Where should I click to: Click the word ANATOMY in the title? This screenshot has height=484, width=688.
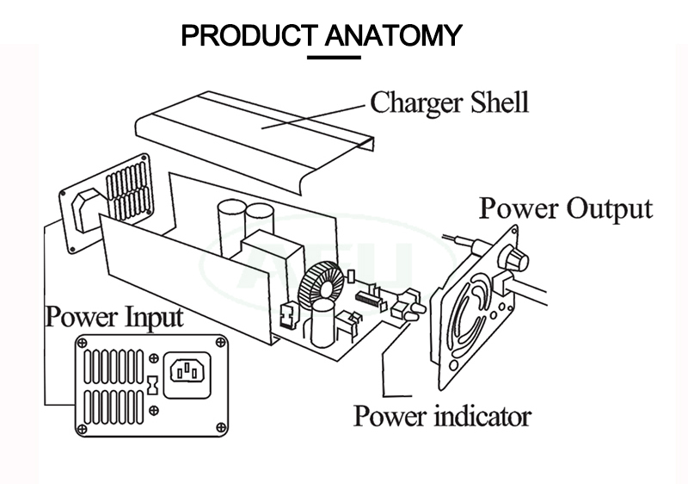pos(396,36)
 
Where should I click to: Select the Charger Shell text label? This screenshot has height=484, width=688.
pos(449,103)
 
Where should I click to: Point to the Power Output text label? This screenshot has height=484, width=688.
pos(565,208)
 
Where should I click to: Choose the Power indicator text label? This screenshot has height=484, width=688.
pos(442,417)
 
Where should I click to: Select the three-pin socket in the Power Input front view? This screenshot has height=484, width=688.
pos(189,371)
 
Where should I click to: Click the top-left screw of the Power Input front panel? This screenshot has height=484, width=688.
pos(83,344)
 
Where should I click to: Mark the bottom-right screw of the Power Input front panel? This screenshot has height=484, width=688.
pos(220,428)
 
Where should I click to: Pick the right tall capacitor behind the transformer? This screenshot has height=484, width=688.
pos(258,223)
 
